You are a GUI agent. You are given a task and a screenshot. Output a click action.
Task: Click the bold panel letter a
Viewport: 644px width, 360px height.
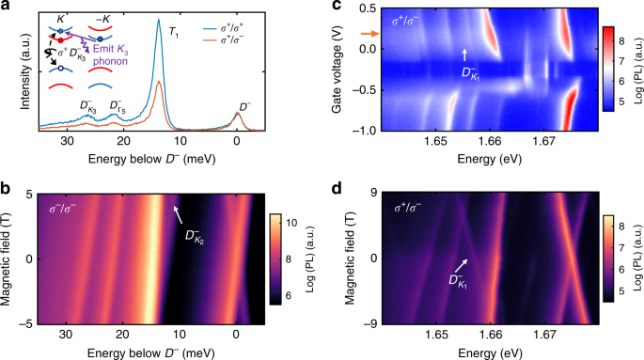[x=8, y=7]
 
